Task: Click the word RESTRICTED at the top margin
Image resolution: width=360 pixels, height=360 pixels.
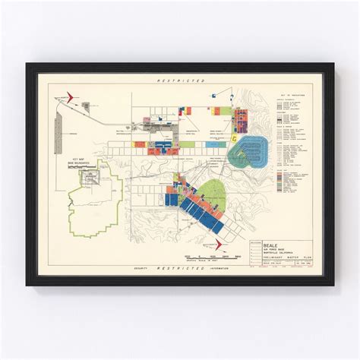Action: click(x=179, y=80)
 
